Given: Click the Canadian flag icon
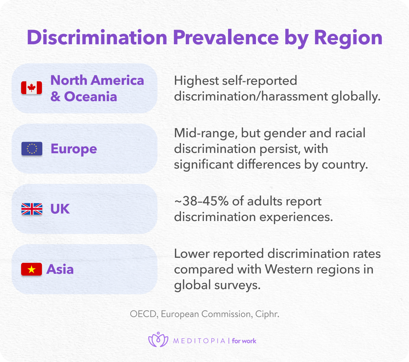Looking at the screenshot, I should pos(32,88).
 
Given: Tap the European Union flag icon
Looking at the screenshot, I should pos(32,149).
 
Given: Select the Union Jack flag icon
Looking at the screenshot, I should pos(32,209).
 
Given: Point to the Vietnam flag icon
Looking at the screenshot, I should pos(32,269).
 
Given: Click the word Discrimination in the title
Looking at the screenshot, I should pos(97,37).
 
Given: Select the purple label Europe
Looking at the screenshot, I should pos(74,149).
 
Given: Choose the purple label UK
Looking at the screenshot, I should pos(60,209).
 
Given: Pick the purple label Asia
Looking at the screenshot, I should pos(60,269).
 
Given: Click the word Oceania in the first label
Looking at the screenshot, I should pos(90,97).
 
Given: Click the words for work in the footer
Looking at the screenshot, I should pos(244,341).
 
